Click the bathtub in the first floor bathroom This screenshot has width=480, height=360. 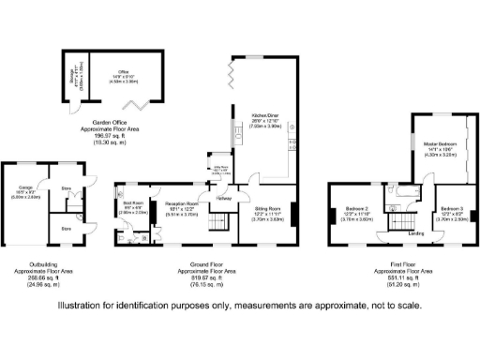412,202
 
